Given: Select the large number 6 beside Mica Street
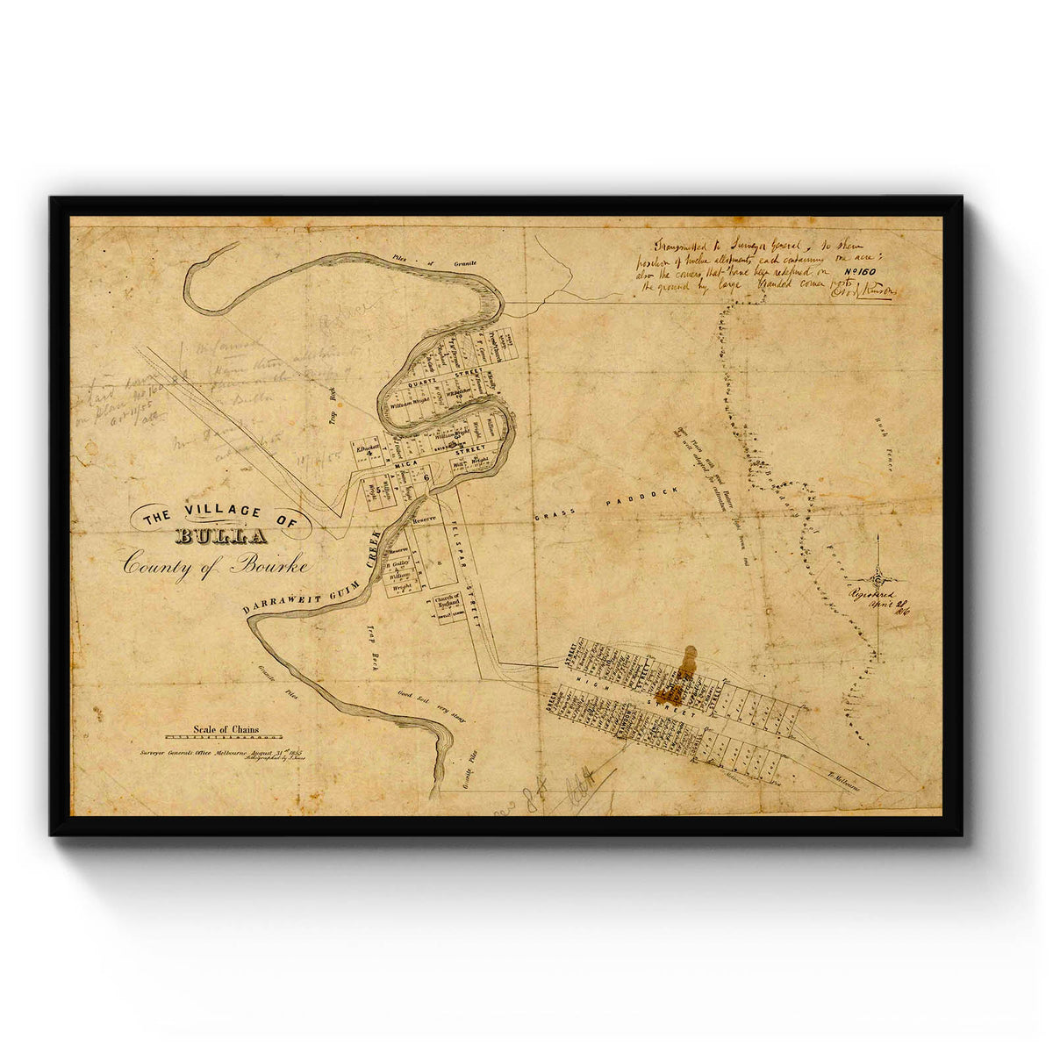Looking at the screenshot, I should pos(426,477).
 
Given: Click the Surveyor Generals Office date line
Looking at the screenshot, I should pos(219,753).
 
